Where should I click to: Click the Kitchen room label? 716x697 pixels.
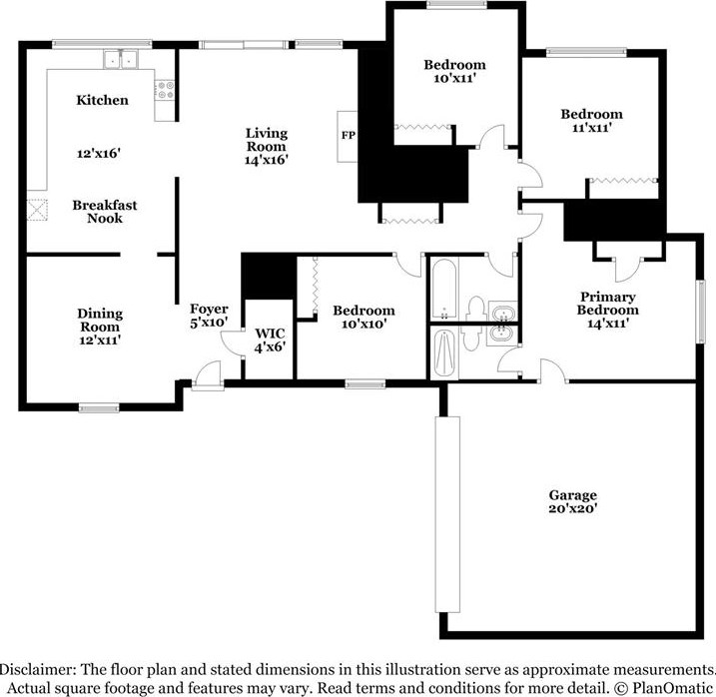(x=102, y=100)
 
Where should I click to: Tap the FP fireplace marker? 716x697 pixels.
(x=348, y=135)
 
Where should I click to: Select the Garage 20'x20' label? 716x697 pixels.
(x=572, y=501)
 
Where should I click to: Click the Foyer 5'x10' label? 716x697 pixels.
(x=209, y=316)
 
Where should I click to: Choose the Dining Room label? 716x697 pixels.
(x=100, y=321)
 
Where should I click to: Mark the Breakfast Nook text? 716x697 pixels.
(x=104, y=212)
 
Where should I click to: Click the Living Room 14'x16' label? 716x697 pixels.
(x=267, y=146)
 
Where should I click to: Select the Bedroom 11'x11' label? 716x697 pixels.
(x=590, y=121)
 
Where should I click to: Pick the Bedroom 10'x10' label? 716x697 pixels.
(x=363, y=317)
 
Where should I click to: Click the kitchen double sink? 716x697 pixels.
(x=124, y=61)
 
